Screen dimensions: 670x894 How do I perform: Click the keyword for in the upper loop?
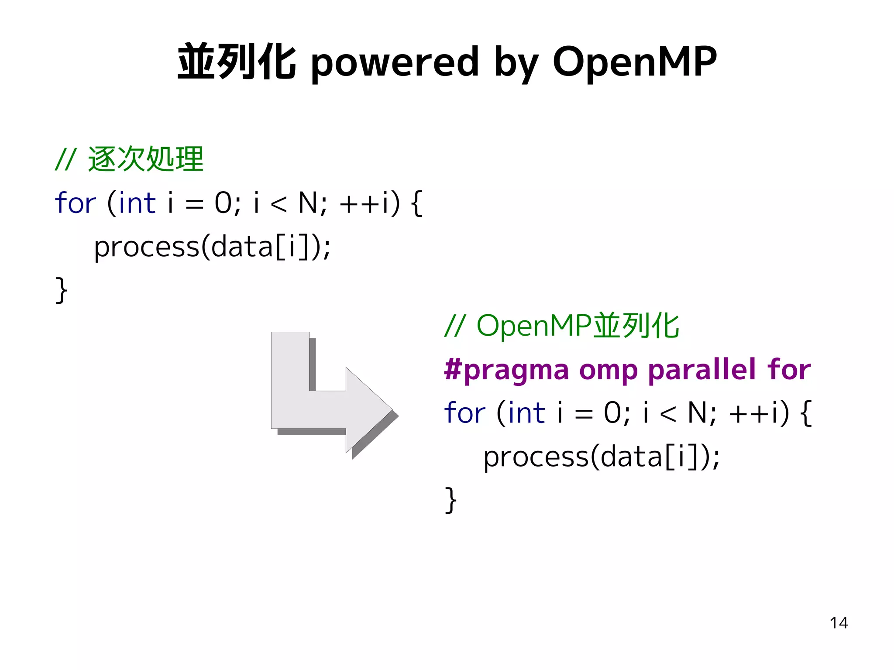(x=75, y=203)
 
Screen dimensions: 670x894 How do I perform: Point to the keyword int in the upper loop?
(x=137, y=203)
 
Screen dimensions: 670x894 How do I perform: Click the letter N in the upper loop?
(x=308, y=203)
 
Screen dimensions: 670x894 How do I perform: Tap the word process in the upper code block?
(x=146, y=247)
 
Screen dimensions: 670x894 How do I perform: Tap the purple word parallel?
(x=701, y=369)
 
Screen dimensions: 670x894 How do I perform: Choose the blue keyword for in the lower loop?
(x=464, y=413)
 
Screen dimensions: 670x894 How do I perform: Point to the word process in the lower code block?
(x=536, y=457)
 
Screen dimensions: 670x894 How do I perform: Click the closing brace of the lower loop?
(x=450, y=499)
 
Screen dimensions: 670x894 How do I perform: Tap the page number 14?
(x=839, y=623)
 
